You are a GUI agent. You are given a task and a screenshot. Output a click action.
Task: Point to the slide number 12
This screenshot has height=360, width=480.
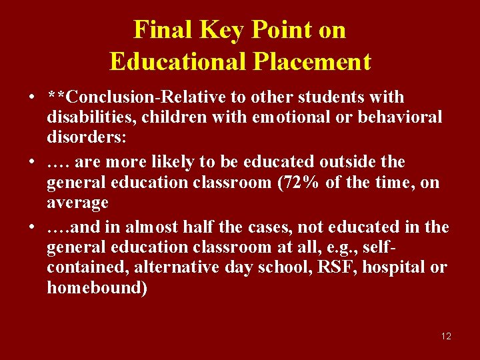pos(446,336)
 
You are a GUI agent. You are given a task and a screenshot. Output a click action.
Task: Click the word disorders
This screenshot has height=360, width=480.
pos(77,137)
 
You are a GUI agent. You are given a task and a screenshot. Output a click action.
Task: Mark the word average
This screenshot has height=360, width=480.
pos(77,201)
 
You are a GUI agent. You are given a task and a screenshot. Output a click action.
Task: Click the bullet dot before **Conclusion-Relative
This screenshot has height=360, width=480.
pos(32,98)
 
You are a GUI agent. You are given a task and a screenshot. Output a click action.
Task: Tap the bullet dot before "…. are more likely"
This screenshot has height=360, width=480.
pos(32,163)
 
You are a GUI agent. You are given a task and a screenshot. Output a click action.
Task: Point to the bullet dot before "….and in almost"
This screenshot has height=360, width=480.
pos(32,227)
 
